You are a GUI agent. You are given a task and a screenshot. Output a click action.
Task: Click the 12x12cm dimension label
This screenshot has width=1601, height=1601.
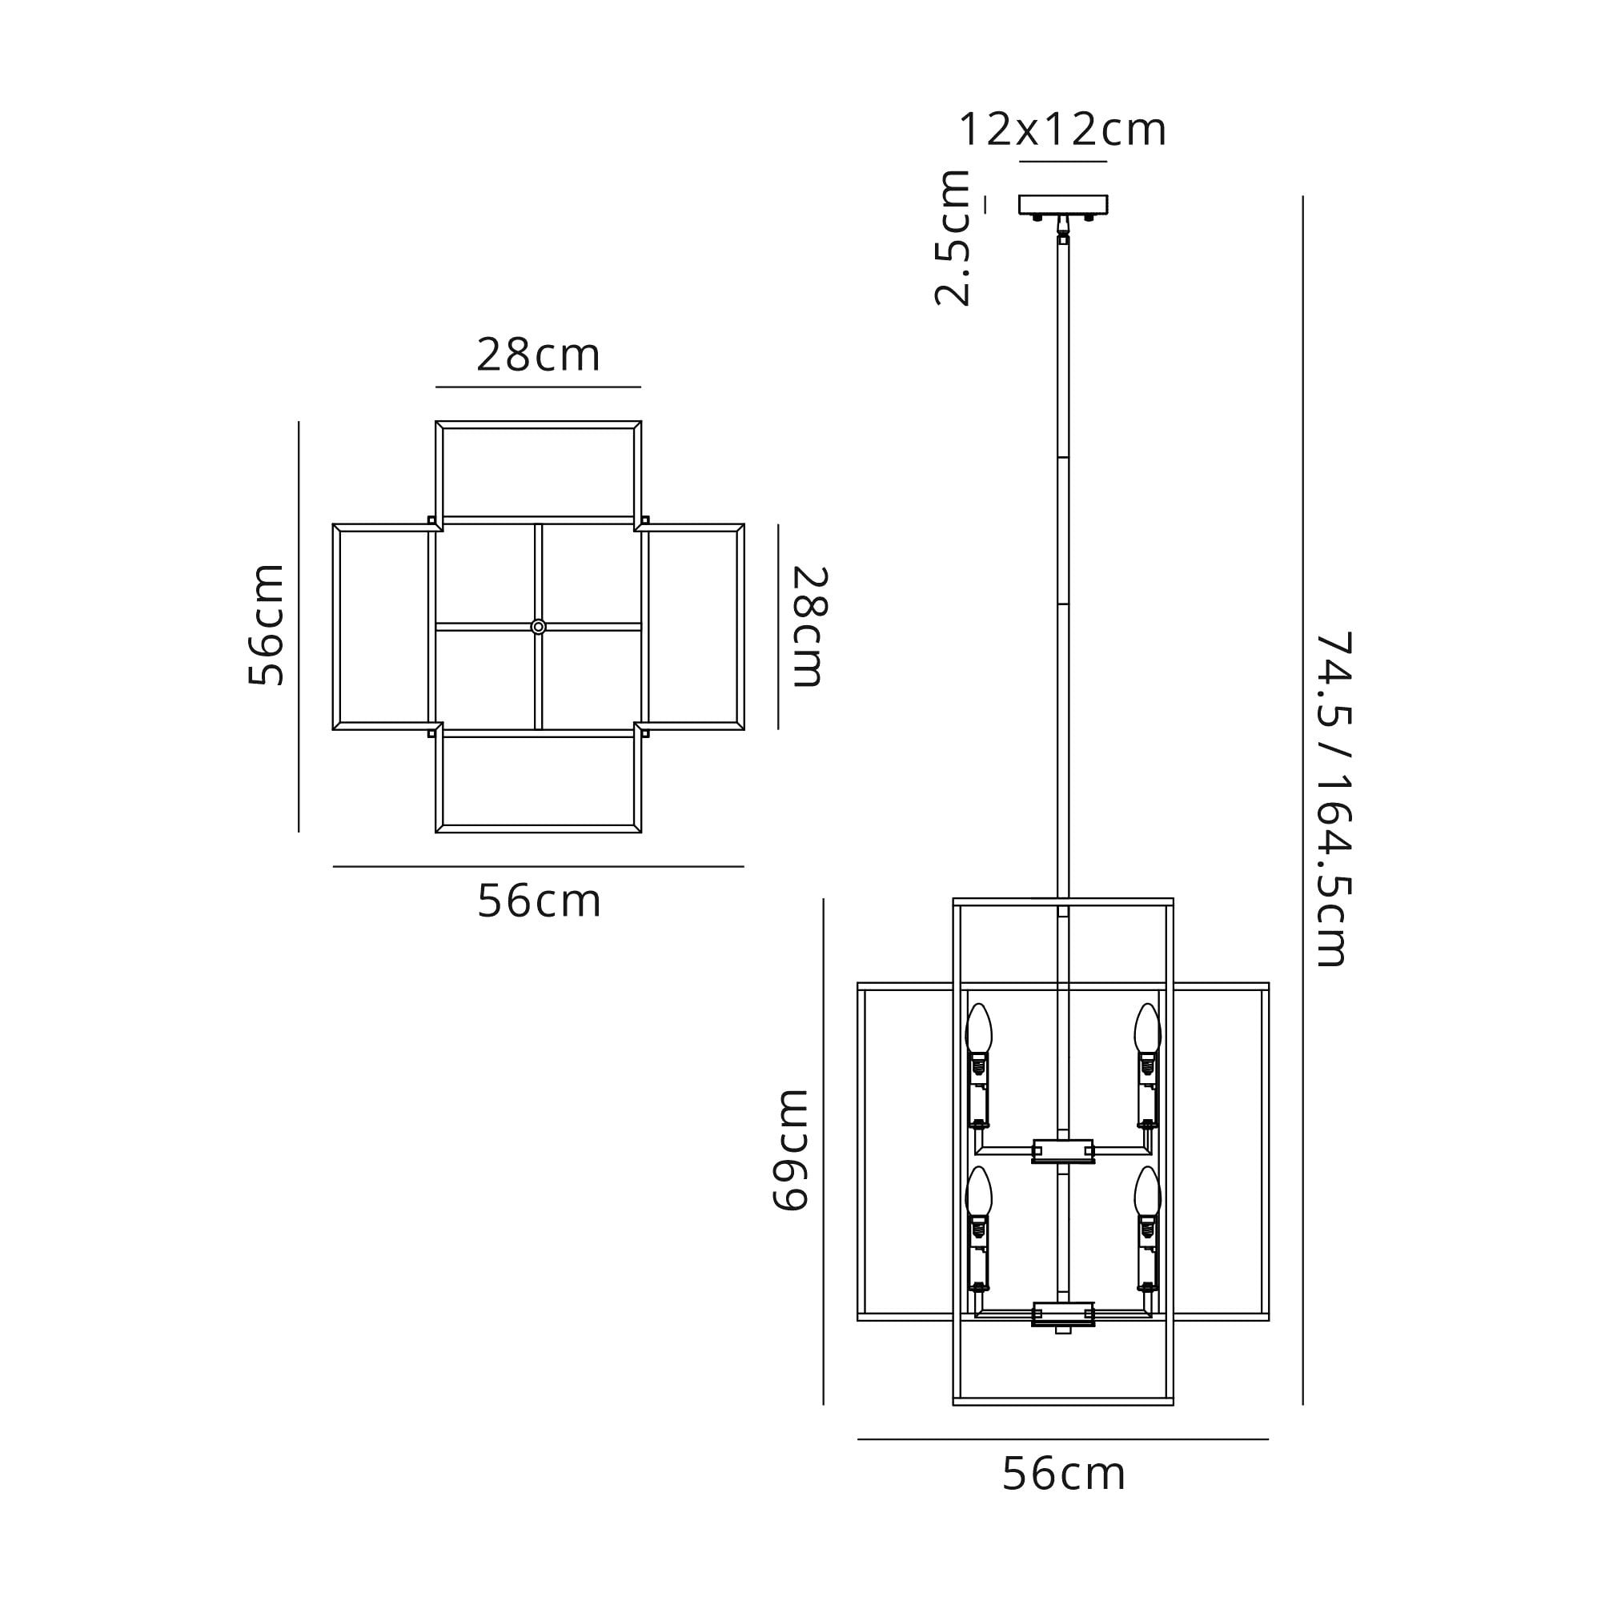(x=1062, y=130)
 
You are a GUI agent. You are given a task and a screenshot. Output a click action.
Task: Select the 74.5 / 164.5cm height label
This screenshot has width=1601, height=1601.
(x=1334, y=799)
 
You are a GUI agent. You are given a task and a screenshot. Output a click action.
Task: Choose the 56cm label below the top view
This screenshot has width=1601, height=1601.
(x=539, y=901)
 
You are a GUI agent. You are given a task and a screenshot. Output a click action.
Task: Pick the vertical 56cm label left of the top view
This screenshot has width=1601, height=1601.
(x=267, y=625)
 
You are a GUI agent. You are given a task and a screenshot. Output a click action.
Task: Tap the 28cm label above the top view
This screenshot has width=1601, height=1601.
(x=539, y=355)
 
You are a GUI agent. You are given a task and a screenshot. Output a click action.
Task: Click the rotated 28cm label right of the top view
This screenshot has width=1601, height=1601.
(x=809, y=627)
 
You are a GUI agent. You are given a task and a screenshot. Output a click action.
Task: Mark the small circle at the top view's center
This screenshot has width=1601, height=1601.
(x=539, y=628)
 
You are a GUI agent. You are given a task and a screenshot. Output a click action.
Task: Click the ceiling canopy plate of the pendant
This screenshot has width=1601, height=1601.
(x=1063, y=204)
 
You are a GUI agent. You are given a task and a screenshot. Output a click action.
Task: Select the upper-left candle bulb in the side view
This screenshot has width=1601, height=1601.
(x=979, y=1029)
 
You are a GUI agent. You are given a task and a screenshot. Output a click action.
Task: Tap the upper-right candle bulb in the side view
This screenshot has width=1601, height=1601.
(x=1148, y=1029)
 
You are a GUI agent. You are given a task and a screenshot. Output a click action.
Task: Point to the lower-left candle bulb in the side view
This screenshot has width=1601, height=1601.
(x=979, y=1192)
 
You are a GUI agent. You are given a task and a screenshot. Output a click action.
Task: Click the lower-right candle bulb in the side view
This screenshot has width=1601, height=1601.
(x=1148, y=1192)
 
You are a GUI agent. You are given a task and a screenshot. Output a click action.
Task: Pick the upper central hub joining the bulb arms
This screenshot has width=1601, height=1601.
(x=1063, y=1150)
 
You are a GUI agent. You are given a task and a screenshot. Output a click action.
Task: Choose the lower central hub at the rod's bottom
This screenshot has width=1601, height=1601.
(x=1063, y=1314)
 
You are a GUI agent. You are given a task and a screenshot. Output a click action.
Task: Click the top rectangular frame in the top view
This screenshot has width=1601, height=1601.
(x=539, y=472)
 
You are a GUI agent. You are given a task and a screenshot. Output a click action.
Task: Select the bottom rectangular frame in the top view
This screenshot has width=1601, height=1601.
(x=539, y=782)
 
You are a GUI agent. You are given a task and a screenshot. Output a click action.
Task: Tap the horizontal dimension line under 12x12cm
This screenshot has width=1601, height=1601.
(x=1063, y=162)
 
